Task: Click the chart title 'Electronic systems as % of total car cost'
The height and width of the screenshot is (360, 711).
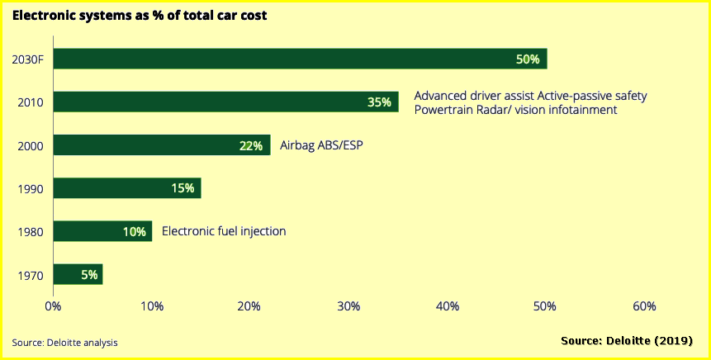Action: tap(140, 15)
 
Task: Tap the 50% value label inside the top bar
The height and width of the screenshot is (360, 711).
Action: tap(527, 59)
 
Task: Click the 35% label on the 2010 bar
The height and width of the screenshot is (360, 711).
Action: tap(379, 102)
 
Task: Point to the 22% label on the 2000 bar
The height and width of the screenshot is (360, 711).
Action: tap(251, 146)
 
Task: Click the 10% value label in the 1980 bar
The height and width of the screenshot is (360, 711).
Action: tap(135, 231)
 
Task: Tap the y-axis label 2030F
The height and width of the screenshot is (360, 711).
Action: tap(28, 59)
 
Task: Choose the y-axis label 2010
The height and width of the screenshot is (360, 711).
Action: tap(30, 103)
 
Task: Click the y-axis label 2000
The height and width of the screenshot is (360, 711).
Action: tap(30, 146)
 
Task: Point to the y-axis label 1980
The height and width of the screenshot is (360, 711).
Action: tap(30, 232)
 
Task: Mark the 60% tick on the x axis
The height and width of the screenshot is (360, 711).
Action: tap(644, 306)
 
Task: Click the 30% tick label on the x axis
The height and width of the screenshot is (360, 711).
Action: tap(348, 306)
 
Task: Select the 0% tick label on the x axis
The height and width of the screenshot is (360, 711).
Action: tap(53, 306)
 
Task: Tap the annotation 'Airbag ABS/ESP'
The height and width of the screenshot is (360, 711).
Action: tap(322, 145)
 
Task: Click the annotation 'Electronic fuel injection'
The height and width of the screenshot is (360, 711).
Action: tap(224, 231)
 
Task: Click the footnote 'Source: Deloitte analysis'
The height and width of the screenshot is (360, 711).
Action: tap(65, 342)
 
